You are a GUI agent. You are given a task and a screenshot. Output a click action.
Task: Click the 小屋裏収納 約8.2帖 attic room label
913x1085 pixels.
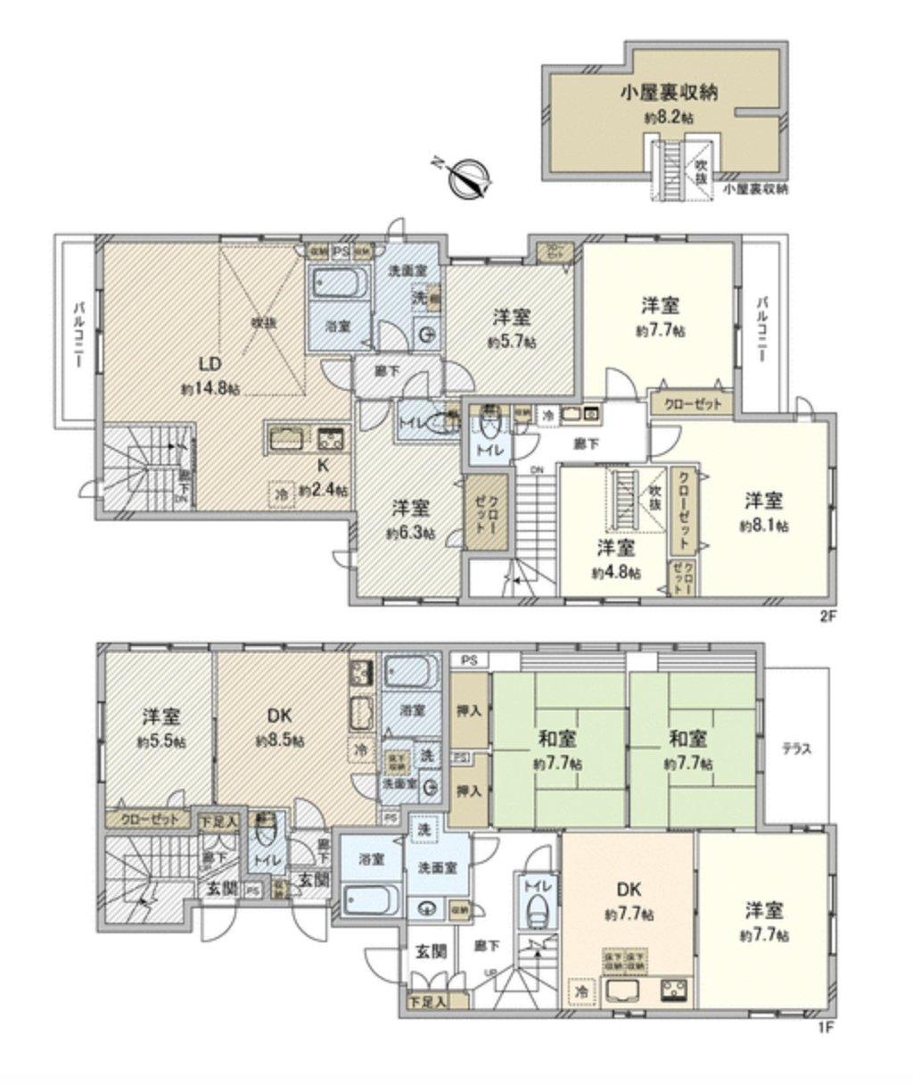[670, 103]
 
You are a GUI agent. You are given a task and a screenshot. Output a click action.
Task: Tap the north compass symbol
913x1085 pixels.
[467, 175]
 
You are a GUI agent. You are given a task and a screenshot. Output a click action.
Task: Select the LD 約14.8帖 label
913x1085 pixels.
[210, 374]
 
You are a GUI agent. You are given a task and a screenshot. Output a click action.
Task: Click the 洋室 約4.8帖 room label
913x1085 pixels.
[616, 559]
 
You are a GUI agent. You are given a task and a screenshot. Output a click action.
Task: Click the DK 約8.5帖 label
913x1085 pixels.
[281, 727]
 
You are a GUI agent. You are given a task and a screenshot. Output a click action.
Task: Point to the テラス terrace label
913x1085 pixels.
[796, 749]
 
